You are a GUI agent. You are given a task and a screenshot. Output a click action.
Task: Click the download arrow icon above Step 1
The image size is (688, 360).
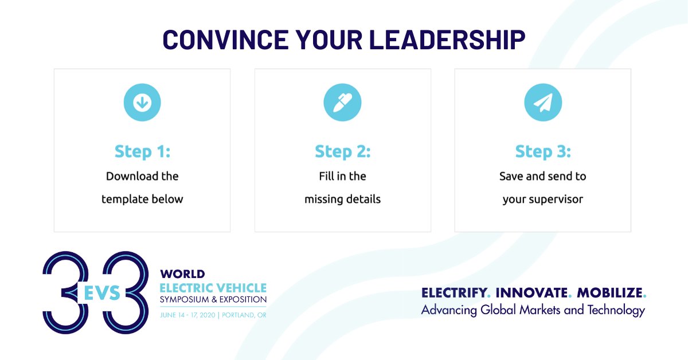[x=142, y=103]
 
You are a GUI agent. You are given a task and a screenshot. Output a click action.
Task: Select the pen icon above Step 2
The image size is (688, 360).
[x=342, y=103]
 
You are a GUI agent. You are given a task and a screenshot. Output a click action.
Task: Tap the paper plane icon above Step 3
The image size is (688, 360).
[x=542, y=103]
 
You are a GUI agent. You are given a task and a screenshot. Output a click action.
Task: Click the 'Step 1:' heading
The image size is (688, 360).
[x=142, y=152]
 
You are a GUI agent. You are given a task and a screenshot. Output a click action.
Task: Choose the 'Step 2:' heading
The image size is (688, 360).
[x=342, y=152]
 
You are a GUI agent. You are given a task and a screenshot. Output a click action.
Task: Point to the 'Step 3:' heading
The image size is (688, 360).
[x=542, y=152]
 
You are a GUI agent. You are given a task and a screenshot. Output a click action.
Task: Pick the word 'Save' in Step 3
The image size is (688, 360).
[x=511, y=176]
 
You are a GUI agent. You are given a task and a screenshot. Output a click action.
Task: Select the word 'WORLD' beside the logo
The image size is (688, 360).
[x=182, y=275]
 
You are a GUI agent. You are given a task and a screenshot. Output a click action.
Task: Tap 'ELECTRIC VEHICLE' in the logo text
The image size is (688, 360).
[x=213, y=287]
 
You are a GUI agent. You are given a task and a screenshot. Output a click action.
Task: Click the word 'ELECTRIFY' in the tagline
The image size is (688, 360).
[x=454, y=293]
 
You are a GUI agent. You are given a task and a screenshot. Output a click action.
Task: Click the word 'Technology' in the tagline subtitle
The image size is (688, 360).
[x=616, y=310]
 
